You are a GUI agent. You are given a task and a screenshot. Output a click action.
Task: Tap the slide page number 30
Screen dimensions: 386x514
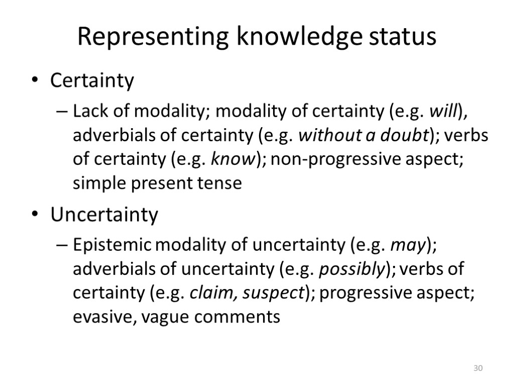478,369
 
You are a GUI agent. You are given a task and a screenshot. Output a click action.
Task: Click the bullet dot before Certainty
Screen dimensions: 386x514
34,81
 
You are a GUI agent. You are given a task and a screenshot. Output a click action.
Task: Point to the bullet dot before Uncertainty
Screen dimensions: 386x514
34,216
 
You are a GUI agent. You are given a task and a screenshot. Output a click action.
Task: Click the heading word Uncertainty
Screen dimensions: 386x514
104,216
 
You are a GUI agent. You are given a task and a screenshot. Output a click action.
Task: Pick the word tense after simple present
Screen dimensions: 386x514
221,183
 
